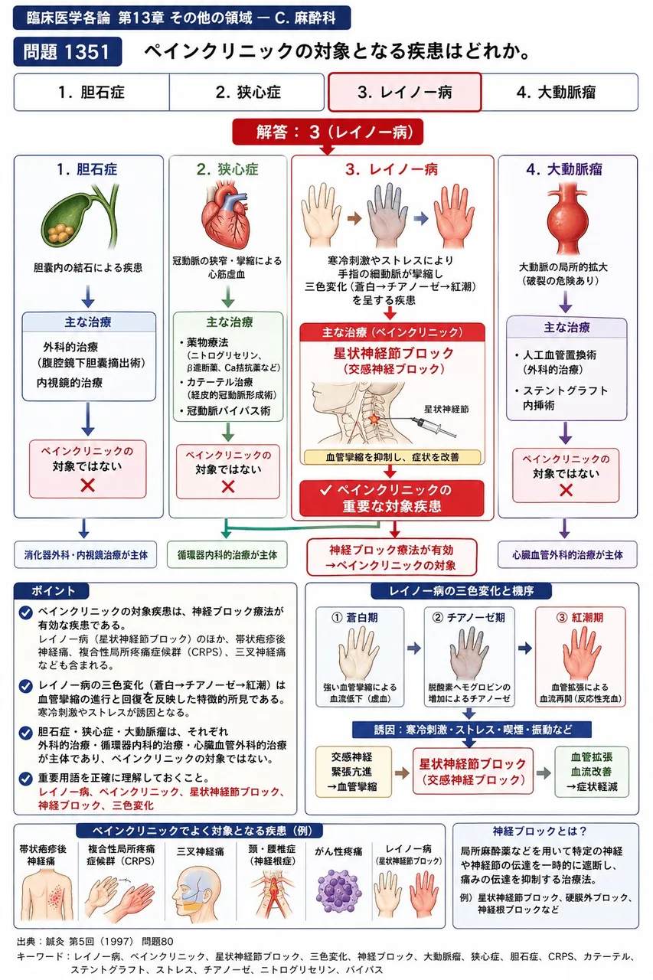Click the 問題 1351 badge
tap(67, 51)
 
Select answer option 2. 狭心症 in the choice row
tap(247, 92)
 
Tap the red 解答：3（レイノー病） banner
tap(328, 132)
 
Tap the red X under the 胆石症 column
tap(87, 485)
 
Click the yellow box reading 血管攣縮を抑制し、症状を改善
tap(392, 457)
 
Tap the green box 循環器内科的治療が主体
tap(227, 555)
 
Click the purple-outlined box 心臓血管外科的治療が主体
tap(567, 555)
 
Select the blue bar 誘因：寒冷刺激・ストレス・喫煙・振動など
tap(472, 730)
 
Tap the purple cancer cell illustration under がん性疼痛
tap(338, 891)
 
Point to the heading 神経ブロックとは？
tap(540, 831)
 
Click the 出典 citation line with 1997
tap(95, 941)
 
